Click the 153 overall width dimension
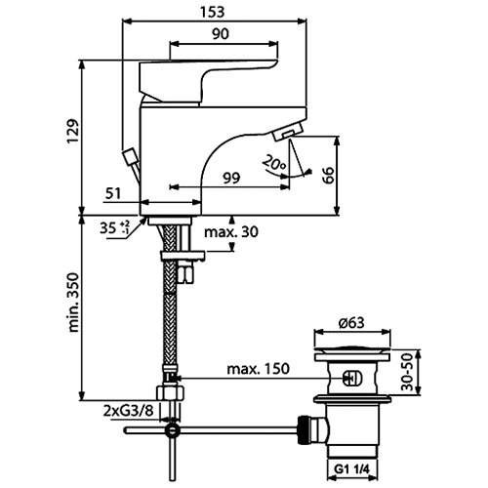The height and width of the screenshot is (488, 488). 212,12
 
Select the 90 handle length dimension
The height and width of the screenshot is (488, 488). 221,34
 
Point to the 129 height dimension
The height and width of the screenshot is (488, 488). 73,131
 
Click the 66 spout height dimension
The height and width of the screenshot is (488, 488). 329,176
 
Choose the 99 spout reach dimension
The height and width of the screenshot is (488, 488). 231,178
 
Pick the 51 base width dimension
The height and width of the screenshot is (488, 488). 113,194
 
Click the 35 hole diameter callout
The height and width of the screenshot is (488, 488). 114,227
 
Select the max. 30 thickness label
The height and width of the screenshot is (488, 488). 231,232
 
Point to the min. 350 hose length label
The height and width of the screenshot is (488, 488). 73,303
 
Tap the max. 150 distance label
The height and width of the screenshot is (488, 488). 258,369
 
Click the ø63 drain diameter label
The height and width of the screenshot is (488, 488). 351,323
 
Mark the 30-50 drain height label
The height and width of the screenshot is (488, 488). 407,373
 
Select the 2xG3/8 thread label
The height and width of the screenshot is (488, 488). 128,411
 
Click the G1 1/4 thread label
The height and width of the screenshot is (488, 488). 352,469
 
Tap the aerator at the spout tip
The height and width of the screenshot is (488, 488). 288,133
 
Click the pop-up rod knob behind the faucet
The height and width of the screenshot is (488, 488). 130,155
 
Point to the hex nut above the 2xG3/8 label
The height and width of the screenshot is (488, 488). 171,393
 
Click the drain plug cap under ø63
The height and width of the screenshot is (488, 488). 352,353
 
